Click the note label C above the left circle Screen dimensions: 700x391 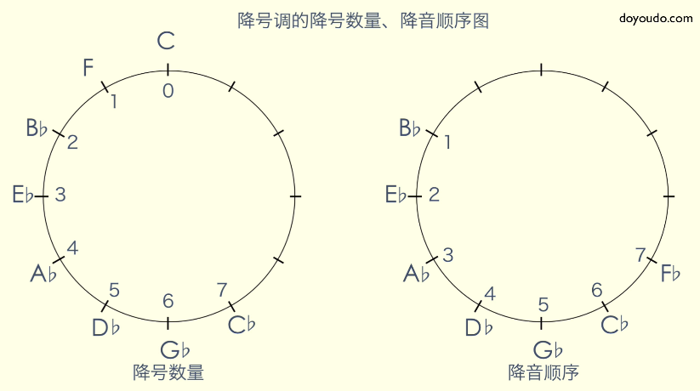point(167,41)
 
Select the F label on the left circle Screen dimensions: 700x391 point(88,68)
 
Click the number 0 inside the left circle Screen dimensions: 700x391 point(168,90)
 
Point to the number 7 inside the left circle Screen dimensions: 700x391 point(223,289)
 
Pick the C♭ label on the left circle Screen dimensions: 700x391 point(242,324)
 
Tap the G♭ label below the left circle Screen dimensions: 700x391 point(174,349)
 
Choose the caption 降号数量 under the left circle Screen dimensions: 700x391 point(168,372)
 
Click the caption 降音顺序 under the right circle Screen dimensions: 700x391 point(543,372)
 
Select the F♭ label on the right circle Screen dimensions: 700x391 point(671,274)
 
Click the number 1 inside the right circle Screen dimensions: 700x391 point(447,142)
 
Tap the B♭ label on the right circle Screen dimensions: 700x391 point(410,128)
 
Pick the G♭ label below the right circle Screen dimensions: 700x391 point(549,349)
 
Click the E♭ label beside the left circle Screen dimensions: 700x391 point(24,195)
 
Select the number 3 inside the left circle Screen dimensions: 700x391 point(60,195)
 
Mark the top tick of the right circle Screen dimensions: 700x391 point(542,70)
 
